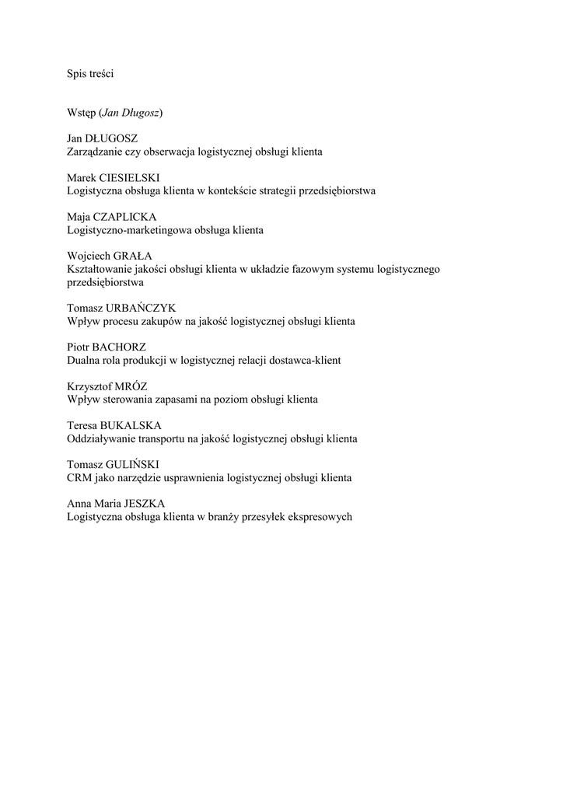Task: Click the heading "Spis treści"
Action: (x=91, y=74)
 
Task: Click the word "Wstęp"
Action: (x=81, y=113)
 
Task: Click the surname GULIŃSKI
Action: (x=130, y=464)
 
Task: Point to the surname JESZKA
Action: (x=145, y=503)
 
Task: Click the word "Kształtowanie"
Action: (x=99, y=269)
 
